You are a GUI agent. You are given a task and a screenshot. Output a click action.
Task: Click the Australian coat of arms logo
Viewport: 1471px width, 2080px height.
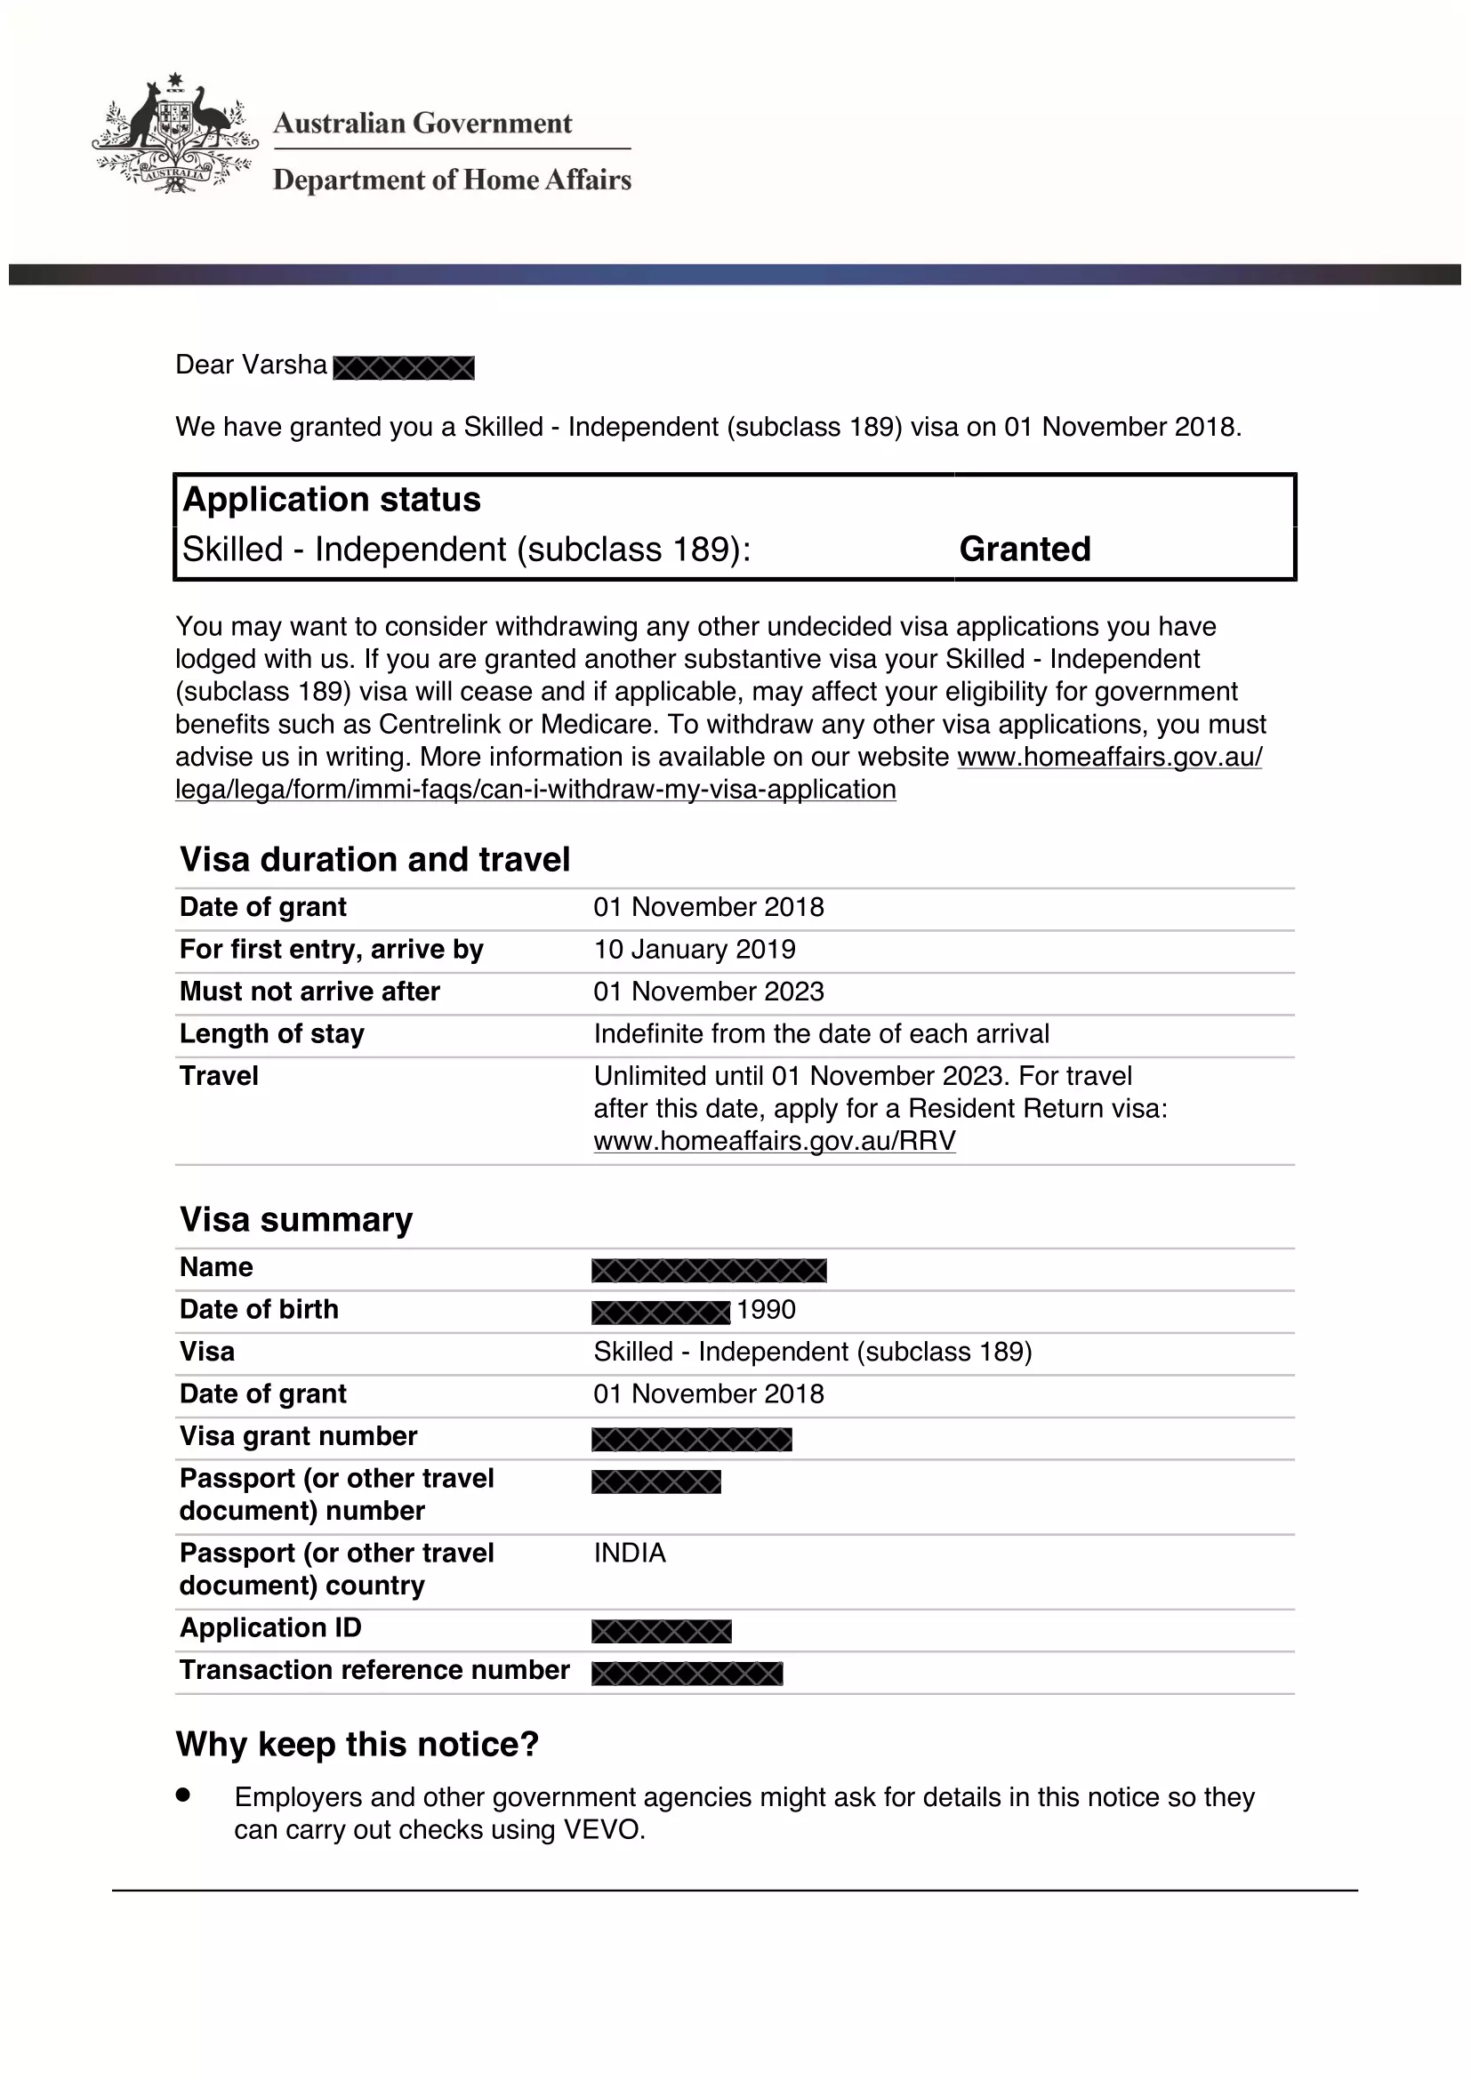point(174,134)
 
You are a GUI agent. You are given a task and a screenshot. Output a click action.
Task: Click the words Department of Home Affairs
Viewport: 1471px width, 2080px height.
point(452,181)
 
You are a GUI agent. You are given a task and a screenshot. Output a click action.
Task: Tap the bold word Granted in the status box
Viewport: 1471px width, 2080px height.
point(1025,549)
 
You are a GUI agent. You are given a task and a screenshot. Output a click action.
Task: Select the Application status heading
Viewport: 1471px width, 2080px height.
point(332,500)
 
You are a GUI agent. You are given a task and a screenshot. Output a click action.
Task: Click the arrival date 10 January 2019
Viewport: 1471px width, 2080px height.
point(694,950)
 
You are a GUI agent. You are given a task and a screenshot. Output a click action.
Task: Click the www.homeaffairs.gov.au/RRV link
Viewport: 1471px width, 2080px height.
point(775,1141)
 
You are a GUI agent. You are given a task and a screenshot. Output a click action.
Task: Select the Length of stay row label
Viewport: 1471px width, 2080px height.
point(272,1033)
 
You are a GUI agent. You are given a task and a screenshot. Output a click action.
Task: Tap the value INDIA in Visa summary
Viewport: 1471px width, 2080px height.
point(630,1554)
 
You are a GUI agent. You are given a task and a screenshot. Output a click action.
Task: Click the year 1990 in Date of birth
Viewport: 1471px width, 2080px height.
point(766,1310)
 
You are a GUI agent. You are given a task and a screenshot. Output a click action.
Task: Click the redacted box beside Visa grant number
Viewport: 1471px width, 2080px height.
point(691,1440)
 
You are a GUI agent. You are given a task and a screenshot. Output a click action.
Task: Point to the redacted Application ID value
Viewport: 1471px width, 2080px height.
point(661,1632)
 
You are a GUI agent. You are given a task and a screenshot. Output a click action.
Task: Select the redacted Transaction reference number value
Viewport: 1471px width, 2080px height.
point(687,1674)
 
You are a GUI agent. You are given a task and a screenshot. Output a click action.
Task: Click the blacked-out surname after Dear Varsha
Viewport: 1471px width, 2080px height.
point(404,368)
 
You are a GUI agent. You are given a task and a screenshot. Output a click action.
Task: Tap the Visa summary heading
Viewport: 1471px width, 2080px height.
point(296,1220)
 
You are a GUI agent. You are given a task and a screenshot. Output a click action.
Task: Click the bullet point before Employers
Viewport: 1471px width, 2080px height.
point(184,1795)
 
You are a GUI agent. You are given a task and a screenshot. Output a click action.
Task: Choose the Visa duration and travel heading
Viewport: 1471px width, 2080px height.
point(375,860)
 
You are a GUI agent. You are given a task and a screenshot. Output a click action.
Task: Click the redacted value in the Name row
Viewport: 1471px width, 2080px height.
point(708,1270)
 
